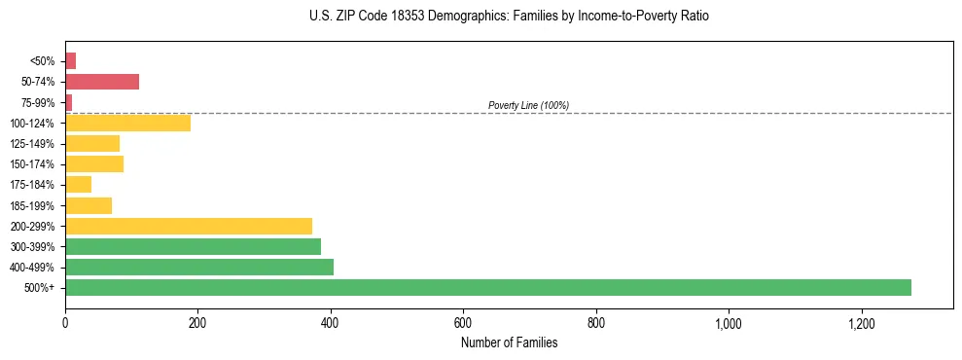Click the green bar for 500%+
coord(487,288)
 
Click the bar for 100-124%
coord(127,124)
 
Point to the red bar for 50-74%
coord(102,82)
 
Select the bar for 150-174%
coord(94,164)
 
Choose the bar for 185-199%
coord(89,205)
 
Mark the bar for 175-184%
coord(78,185)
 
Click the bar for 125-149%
coord(92,144)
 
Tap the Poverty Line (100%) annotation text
coord(528,105)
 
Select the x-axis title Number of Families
coord(510,342)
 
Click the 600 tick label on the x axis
coord(463,322)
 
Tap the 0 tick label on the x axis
coord(65,322)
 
